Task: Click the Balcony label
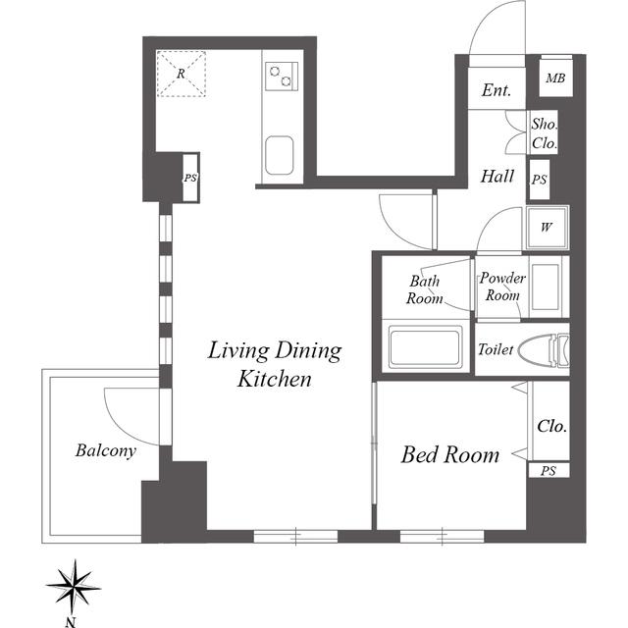click(106, 450)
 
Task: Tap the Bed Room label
click(450, 455)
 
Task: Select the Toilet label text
click(496, 349)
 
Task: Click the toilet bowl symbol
click(543, 350)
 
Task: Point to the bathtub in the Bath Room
click(425, 346)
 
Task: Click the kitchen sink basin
click(279, 155)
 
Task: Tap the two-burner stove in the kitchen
click(282, 77)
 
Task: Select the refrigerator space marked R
click(181, 74)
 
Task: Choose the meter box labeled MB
click(555, 78)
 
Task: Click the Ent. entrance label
click(497, 90)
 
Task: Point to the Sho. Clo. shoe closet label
click(545, 133)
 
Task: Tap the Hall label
click(497, 177)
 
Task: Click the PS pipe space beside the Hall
click(540, 180)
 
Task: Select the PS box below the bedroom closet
click(549, 471)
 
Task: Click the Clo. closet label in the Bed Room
click(551, 426)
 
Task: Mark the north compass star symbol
click(74, 588)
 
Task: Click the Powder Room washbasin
click(545, 287)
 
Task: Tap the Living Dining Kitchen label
click(275, 364)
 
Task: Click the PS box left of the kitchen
click(190, 178)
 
